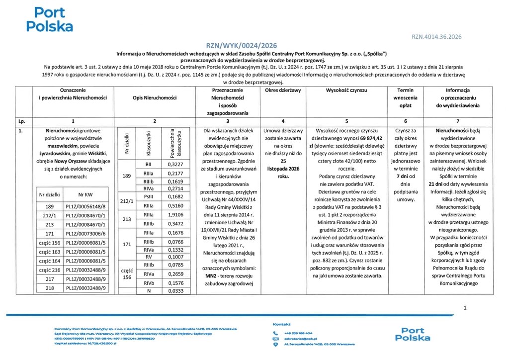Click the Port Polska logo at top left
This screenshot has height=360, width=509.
[x=49, y=19]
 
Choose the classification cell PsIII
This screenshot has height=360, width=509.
[x=148, y=196]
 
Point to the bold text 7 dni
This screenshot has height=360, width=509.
[x=404, y=178]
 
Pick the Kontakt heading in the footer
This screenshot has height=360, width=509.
[x=282, y=324]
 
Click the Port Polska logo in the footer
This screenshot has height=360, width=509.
[x=413, y=334]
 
